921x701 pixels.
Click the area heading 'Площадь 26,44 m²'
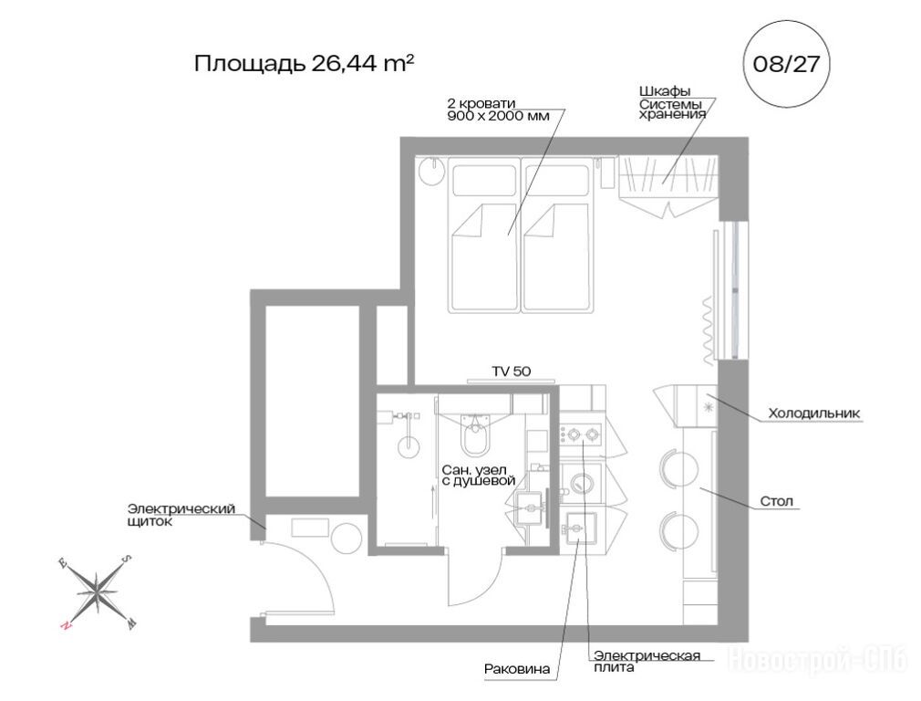tap(305, 64)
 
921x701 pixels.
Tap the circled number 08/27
tap(786, 64)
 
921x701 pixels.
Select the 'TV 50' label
tap(511, 371)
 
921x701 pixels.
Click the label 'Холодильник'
tap(814, 413)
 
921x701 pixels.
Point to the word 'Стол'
tap(777, 501)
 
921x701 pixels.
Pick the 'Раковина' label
tap(517, 669)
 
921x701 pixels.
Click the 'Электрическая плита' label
tap(647, 661)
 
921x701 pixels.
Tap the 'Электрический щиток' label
tap(181, 515)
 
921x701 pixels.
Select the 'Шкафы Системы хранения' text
tap(673, 103)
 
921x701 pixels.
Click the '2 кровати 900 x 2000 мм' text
tap(499, 110)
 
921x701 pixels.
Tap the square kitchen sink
tap(580, 530)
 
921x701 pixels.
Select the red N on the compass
tap(66, 626)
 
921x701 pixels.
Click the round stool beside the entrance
tap(346, 538)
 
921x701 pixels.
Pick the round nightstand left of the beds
tap(433, 171)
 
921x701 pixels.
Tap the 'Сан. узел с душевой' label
tap(478, 476)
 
